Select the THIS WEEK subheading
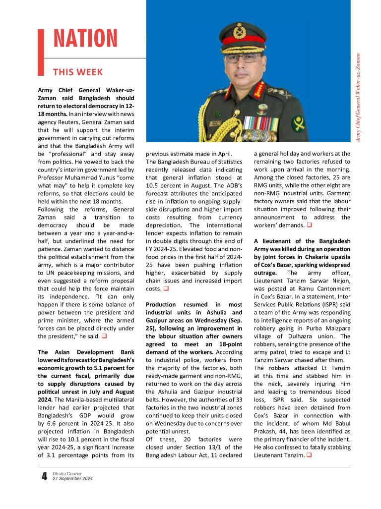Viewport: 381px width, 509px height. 78,72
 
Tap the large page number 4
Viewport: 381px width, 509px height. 44,477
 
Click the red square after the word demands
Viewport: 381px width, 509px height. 309,226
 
